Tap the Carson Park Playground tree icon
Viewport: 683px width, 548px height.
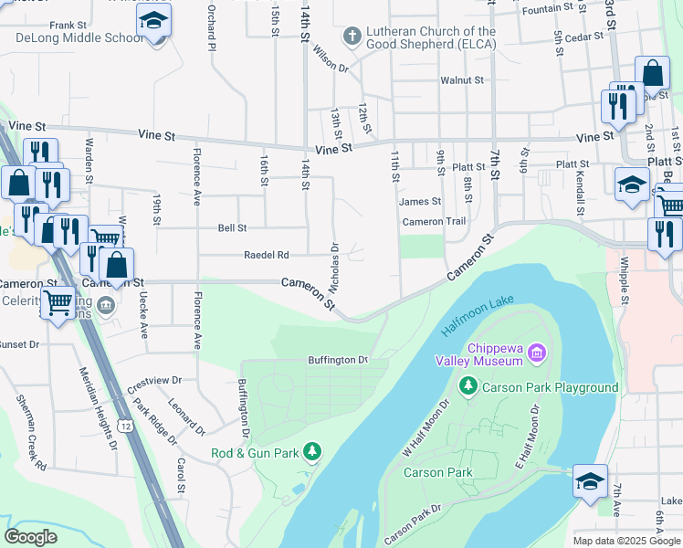[x=469, y=387]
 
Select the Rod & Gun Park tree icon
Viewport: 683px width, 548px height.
[x=313, y=452]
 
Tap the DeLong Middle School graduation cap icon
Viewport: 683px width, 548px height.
[x=154, y=20]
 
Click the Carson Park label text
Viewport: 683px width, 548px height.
[x=438, y=472]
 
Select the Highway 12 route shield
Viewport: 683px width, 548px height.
[x=125, y=427]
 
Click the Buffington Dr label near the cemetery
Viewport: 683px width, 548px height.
[x=337, y=360]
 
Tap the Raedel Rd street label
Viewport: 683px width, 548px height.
[x=266, y=255]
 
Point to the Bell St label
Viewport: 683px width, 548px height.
[x=232, y=227]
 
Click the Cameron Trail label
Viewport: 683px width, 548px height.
[x=435, y=221]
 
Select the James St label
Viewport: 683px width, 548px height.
[x=420, y=201]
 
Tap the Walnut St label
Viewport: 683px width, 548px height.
[x=461, y=80]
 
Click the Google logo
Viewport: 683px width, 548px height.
[x=30, y=537]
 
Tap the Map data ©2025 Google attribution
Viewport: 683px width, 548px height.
[x=625, y=541]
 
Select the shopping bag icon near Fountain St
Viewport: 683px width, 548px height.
[x=652, y=74]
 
